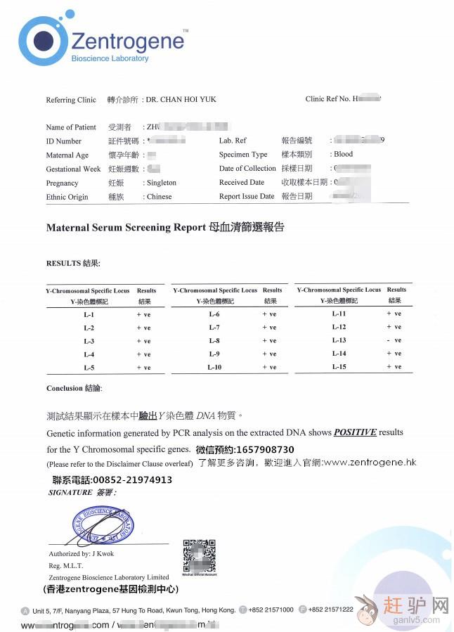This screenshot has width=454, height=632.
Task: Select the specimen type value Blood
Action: [x=343, y=154]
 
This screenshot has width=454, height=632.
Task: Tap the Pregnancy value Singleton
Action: [x=162, y=183]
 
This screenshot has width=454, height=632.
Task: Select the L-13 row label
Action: [x=339, y=340]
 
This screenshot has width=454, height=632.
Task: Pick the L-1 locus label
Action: [x=89, y=315]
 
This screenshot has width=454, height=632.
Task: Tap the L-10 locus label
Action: [x=214, y=368]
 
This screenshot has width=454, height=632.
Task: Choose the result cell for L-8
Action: [x=269, y=341]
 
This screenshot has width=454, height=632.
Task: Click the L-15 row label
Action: [x=339, y=367]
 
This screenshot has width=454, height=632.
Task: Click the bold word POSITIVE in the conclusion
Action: [x=355, y=432]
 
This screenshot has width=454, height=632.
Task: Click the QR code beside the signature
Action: [x=199, y=557]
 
